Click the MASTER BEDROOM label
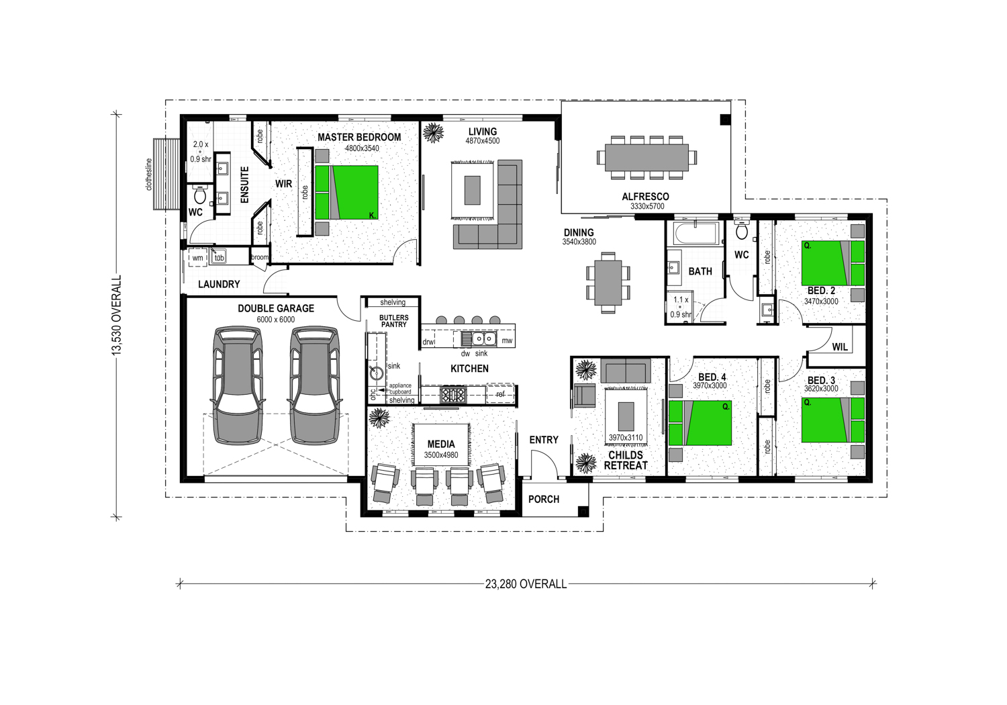(359, 137)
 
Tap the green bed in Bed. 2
(832, 263)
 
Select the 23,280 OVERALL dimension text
(526, 584)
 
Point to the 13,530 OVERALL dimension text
(117, 315)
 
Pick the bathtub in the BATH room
(695, 234)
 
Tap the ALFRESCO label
(646, 197)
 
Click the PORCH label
(544, 499)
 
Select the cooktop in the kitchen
(453, 394)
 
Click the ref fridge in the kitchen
(500, 394)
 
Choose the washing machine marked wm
(197, 258)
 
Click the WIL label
(840, 346)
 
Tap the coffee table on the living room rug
(472, 190)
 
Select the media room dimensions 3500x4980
(441, 455)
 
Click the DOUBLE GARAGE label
(275, 308)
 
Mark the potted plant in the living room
(434, 133)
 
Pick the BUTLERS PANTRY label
(394, 321)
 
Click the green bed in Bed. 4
(700, 423)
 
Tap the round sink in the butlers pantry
(377, 373)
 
